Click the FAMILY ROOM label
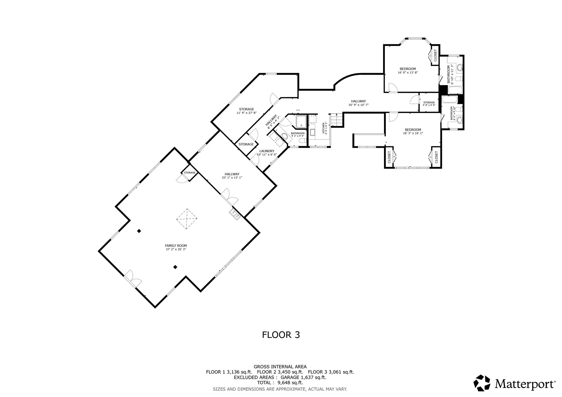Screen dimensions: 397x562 pos(176,246)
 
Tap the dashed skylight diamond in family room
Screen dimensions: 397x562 pos(187,219)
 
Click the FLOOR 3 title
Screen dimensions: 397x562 pos(281,335)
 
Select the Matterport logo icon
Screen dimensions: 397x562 pos(482,383)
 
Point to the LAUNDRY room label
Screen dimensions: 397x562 pos(267,151)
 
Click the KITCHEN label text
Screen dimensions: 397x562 pos(323,128)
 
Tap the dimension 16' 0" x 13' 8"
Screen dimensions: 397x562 pos(408,73)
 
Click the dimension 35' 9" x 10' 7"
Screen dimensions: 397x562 pos(358,105)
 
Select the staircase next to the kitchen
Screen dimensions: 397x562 pos(336,120)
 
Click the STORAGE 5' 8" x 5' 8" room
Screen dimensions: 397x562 pos(429,104)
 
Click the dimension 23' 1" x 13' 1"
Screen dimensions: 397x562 pos(232,178)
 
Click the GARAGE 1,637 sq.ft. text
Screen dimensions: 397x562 pos(303,377)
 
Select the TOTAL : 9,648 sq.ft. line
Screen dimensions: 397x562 pos(280,383)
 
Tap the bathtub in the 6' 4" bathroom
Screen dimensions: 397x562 pos(450,99)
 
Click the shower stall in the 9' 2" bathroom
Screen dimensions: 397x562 pos(301,122)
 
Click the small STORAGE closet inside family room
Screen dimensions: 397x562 pos(190,173)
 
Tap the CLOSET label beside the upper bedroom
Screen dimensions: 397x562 pos(435,55)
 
